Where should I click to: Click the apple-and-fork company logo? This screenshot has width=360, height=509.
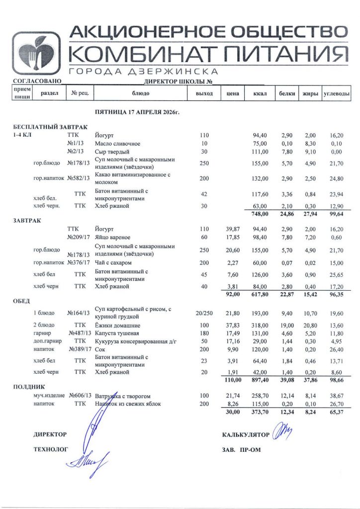36,53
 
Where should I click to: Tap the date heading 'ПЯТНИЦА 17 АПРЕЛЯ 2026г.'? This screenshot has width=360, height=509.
137,113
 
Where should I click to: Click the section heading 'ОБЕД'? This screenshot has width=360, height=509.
21,301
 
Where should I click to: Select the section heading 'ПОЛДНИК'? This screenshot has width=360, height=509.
29,386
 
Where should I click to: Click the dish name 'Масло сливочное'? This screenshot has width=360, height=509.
117,144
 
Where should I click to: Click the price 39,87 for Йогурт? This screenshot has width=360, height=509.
233,229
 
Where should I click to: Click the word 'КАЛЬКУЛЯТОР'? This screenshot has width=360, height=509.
246,435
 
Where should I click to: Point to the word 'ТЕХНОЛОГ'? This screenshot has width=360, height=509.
50,449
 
